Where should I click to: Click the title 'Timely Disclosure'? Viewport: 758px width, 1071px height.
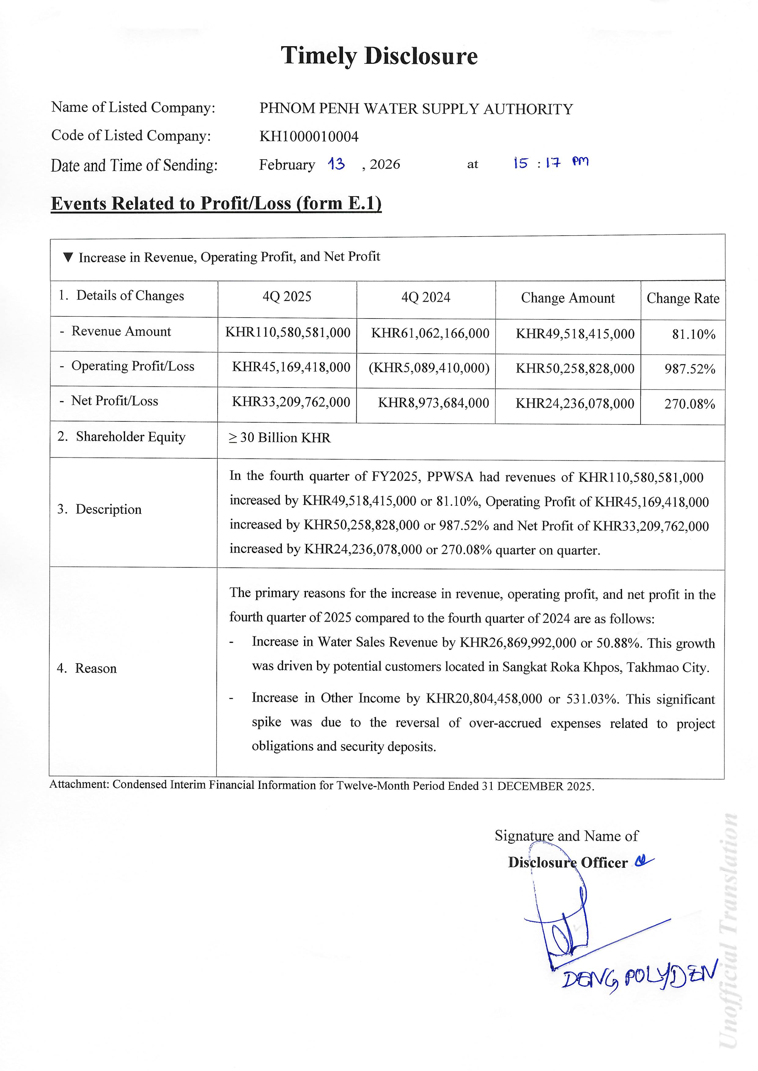379,56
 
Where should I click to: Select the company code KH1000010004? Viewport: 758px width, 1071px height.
309,137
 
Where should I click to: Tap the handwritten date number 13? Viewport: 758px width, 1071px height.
336,164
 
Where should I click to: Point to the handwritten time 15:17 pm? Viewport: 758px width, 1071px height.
551,163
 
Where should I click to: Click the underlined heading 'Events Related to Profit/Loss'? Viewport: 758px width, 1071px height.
216,204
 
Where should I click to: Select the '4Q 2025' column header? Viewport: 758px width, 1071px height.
287,297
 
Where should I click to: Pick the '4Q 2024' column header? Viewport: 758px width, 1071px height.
426,298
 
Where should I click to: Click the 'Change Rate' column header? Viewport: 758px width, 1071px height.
683,299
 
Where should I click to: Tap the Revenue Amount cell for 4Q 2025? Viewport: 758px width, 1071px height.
288,333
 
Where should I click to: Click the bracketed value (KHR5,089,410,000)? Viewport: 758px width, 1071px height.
429,368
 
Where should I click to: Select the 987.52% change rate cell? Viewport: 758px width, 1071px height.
690,369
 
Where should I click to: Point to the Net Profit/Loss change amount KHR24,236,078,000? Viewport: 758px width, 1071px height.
575,404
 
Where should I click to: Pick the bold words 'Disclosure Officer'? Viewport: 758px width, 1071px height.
568,863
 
